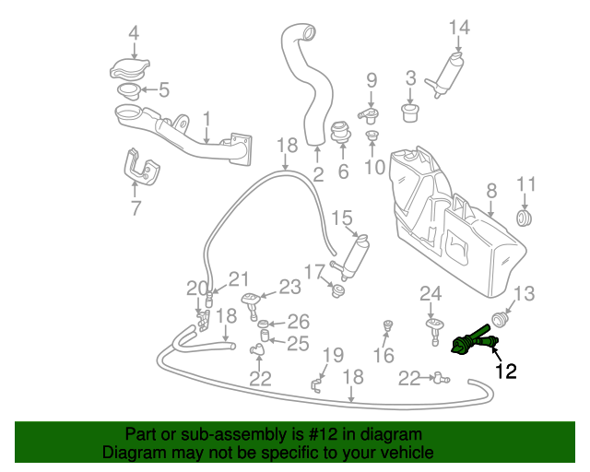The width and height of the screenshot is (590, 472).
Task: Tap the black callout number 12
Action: pyautogui.click(x=506, y=372)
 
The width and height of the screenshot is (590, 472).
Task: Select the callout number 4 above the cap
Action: pyautogui.click(x=134, y=33)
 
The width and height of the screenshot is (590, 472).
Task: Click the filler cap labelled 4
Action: pyautogui.click(x=129, y=69)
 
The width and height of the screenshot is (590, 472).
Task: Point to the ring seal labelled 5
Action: pyautogui.click(x=129, y=90)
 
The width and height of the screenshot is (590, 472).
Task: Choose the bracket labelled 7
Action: pyautogui.click(x=141, y=168)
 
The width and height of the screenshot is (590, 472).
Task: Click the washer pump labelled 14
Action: pyautogui.click(x=445, y=76)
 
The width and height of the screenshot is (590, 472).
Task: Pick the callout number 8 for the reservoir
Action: pyautogui.click(x=491, y=191)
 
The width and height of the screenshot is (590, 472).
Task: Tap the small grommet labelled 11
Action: pyautogui.click(x=524, y=218)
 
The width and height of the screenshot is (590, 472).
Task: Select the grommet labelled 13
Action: pyautogui.click(x=500, y=319)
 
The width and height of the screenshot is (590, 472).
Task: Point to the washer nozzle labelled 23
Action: pyautogui.click(x=252, y=306)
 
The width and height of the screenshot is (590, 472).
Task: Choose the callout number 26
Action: pyautogui.click(x=299, y=322)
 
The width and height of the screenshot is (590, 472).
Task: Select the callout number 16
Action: pyautogui.click(x=383, y=356)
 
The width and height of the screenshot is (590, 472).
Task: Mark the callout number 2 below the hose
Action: pyautogui.click(x=318, y=174)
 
